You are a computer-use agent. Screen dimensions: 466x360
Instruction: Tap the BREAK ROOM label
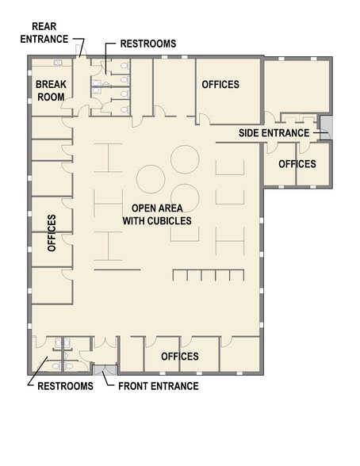[x=50, y=90]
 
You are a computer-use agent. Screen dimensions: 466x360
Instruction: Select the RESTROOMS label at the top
[x=147, y=44]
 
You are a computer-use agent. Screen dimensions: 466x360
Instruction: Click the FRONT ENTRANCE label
[x=158, y=386]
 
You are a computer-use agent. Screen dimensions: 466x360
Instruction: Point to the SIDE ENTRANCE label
[x=274, y=132]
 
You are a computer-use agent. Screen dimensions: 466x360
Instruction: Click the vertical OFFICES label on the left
[x=52, y=232]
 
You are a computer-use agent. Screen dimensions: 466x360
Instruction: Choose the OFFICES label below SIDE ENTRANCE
[x=297, y=164]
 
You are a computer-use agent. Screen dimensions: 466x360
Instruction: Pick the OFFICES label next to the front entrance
[x=180, y=357]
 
